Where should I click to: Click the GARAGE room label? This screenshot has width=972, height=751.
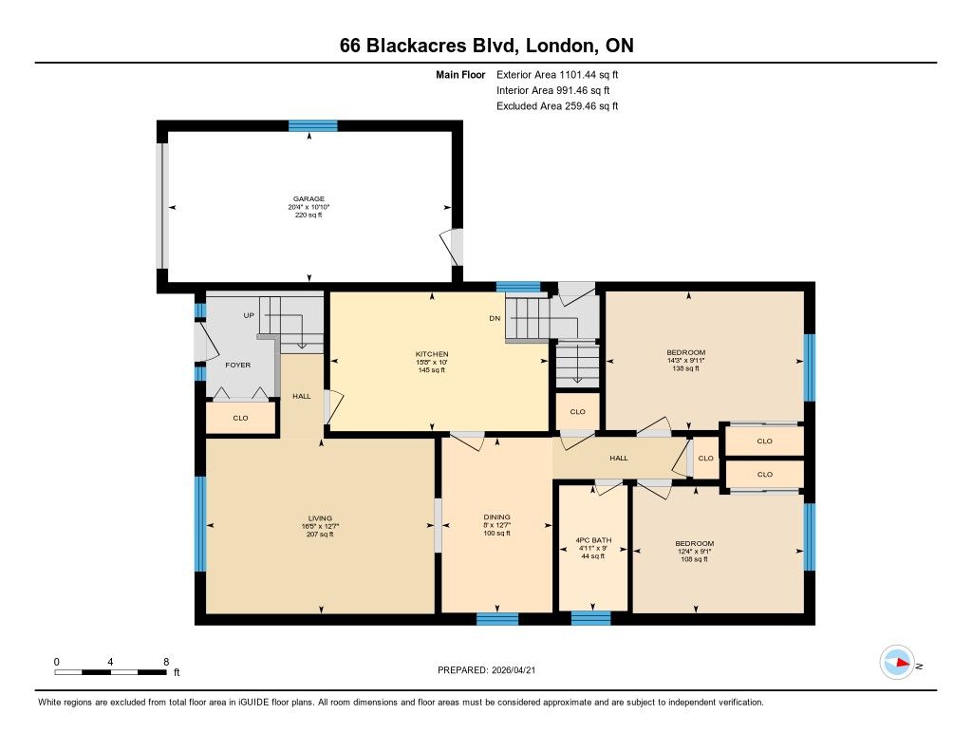tap(308, 199)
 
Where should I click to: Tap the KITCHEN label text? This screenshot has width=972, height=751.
tap(432, 354)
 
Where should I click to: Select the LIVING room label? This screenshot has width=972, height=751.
tap(320, 518)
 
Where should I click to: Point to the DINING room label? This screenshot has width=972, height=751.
tap(496, 517)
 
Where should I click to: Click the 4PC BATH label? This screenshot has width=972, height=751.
tap(593, 540)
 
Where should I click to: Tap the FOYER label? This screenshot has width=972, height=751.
tap(238, 366)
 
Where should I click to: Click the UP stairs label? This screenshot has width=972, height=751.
tap(249, 315)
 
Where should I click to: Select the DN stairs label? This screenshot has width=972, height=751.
tap(495, 318)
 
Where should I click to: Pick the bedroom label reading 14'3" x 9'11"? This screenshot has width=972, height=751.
tap(685, 360)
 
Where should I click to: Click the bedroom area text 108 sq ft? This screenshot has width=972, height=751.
tap(694, 559)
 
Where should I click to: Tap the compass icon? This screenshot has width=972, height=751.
tap(897, 663)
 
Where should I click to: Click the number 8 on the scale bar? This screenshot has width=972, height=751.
tap(166, 662)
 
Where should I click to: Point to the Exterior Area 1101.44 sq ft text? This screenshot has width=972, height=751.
tap(556, 75)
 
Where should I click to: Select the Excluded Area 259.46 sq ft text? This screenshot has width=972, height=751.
tap(556, 106)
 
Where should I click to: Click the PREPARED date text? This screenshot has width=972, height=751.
tap(486, 669)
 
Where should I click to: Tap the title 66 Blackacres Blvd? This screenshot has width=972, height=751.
tap(432, 46)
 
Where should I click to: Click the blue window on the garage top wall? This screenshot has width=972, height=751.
tap(313, 126)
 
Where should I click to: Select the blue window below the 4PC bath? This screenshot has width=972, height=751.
tap(590, 618)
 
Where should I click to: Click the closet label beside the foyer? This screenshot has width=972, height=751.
tap(240, 418)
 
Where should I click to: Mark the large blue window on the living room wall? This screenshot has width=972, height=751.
tap(200, 524)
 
